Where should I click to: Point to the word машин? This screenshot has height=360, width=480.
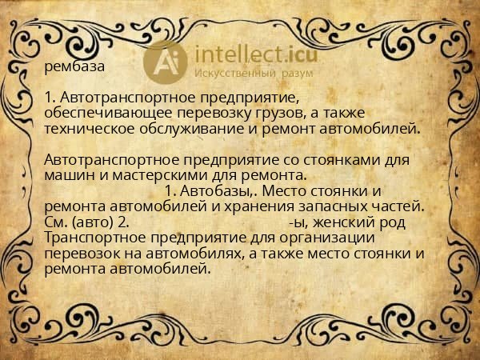(68, 174)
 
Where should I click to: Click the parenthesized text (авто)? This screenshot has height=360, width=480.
(87, 222)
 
